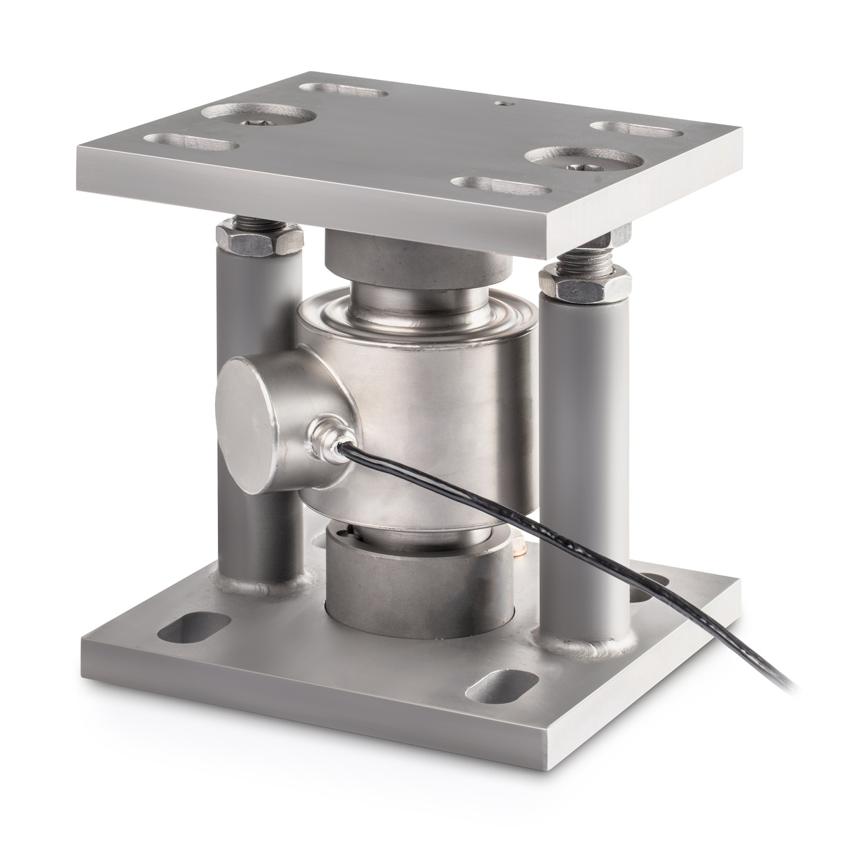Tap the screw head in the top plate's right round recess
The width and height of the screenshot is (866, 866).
(x=583, y=166)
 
